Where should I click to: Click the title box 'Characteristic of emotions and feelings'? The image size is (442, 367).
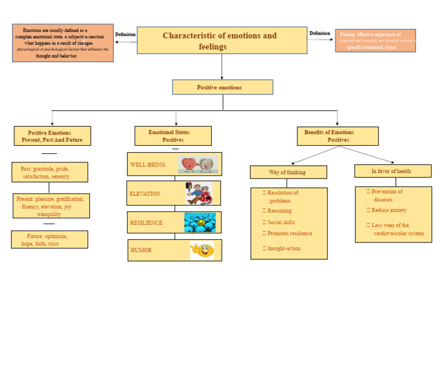click(222, 40)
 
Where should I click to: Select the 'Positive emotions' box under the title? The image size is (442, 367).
click(222, 88)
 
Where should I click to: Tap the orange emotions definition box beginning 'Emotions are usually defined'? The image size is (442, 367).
click(63, 43)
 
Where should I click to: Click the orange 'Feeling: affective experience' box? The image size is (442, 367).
click(375, 41)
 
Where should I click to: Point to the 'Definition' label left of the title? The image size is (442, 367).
click(125, 35)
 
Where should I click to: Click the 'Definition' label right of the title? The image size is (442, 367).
click(319, 33)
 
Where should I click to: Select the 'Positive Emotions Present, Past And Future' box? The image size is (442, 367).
click(52, 136)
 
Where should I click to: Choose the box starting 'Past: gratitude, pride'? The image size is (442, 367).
click(49, 172)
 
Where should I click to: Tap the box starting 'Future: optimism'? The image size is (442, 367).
click(49, 240)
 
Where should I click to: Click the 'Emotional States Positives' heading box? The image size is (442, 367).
click(173, 136)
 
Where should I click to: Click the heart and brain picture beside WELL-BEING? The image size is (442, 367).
click(199, 164)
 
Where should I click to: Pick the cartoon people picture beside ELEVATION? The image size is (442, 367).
click(199, 194)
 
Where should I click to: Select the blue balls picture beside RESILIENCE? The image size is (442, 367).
click(200, 222)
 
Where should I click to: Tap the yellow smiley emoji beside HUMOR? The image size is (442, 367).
click(202, 251)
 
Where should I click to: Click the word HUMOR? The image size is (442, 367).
click(141, 251)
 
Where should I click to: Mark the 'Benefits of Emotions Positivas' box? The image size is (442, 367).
click(337, 136)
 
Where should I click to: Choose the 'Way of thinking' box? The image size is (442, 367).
click(288, 172)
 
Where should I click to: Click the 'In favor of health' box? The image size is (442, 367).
click(392, 171)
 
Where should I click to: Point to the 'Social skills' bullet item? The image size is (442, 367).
click(281, 222)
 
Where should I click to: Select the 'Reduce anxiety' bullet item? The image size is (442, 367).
click(388, 210)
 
